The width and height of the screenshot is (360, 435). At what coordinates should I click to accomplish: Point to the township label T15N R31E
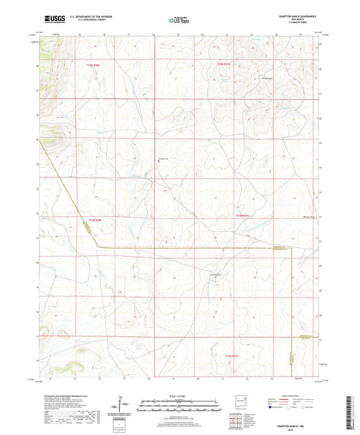[x=224, y=65]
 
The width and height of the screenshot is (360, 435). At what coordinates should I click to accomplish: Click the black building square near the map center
[x=158, y=161]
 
